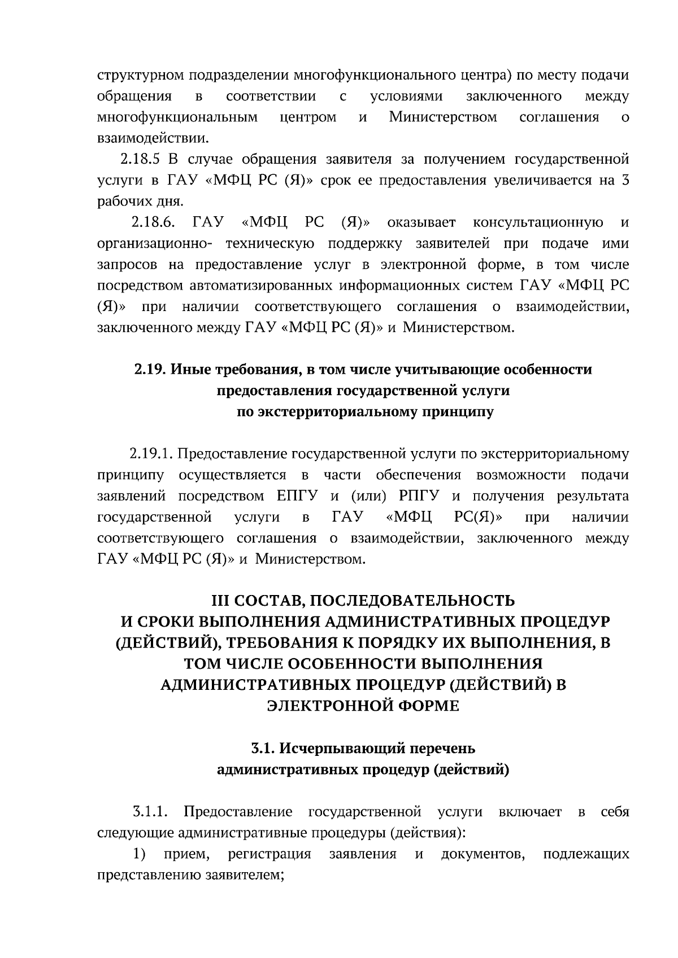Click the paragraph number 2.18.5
[x=140, y=159]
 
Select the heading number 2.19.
[x=149, y=370]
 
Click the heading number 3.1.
[x=263, y=749]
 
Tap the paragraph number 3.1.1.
[x=150, y=812]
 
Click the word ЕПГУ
[x=298, y=496]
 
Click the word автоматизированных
[x=257, y=286]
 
